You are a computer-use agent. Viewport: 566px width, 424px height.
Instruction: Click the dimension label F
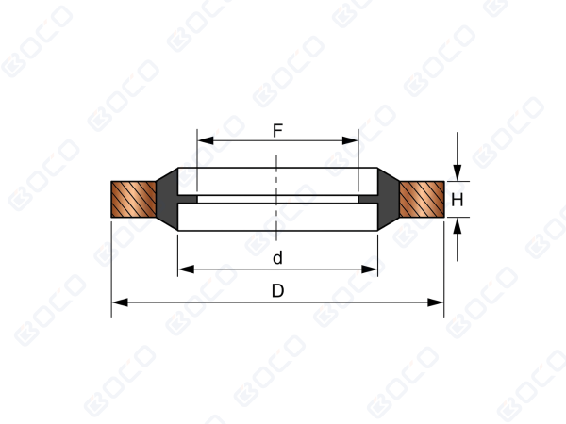click(277, 131)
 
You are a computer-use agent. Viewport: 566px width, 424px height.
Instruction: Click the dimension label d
click(277, 258)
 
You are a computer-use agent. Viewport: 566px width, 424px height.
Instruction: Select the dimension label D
click(277, 290)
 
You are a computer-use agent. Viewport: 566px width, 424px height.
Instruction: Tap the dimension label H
click(458, 200)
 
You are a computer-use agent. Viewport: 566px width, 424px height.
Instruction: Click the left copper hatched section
click(134, 200)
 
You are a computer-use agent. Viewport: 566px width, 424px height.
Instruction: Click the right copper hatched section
click(422, 200)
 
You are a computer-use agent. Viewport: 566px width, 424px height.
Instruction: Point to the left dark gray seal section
click(167, 199)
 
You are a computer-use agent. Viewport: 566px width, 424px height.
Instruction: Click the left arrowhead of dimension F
click(206, 140)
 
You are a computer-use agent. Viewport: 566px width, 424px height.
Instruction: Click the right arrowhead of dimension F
click(350, 140)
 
